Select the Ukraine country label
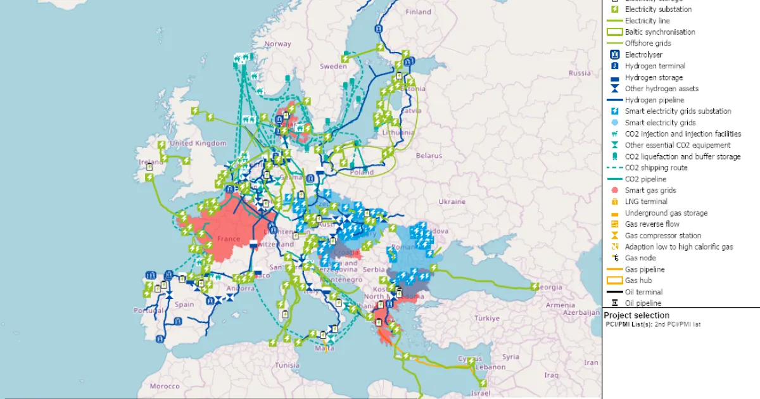click(x=452, y=201)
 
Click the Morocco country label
click(x=165, y=386)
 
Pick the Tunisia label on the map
click(x=286, y=365)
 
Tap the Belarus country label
click(x=429, y=155)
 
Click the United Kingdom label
click(x=198, y=143)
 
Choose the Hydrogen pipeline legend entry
click(x=654, y=100)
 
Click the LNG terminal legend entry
click(x=645, y=201)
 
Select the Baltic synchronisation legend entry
click(x=659, y=32)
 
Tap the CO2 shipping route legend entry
click(x=655, y=168)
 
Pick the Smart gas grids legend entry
click(x=650, y=190)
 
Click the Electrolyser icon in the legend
click(x=614, y=54)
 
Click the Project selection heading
click(x=636, y=315)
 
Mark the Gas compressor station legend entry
click(x=662, y=236)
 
